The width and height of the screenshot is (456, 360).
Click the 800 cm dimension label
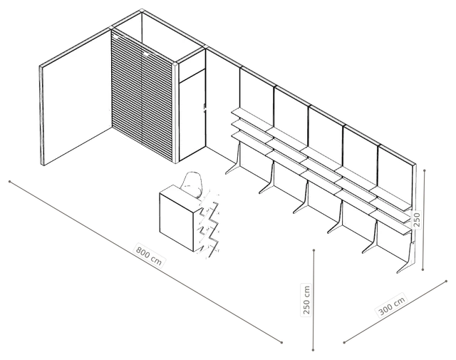click(x=149, y=256)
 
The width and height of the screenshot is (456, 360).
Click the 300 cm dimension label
click(x=392, y=306)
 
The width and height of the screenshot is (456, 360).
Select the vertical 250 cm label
click(x=306, y=299)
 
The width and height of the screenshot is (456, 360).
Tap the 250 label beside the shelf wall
click(x=416, y=220)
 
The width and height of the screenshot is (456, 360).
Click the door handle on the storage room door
click(x=204, y=109)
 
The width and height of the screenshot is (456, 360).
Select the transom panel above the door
click(x=192, y=66)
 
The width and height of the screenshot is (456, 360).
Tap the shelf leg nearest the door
click(x=235, y=160)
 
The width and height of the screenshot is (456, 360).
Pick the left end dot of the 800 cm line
click(x=9, y=182)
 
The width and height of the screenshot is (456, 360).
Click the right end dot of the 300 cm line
click(x=447, y=281)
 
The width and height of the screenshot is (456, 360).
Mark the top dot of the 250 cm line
click(x=313, y=250)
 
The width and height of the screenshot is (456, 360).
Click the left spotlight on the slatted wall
click(x=116, y=37)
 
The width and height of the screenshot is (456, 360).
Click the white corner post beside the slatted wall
click(x=175, y=113)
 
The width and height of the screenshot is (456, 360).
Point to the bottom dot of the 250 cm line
click(x=313, y=349)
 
